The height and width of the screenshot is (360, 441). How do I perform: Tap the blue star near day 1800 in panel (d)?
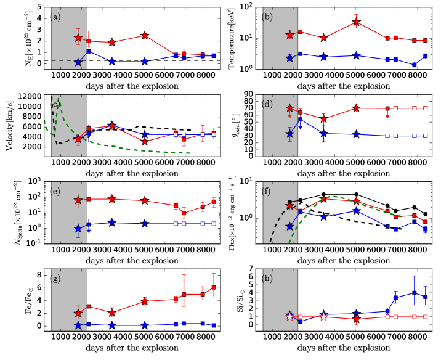(x=289, y=134)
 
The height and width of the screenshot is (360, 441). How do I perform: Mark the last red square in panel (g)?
(x=214, y=288)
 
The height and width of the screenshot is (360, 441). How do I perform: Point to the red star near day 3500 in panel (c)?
(x=111, y=126)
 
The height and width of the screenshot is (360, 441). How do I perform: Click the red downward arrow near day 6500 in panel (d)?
(x=387, y=113)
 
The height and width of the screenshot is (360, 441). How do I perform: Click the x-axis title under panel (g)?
(x=132, y=348)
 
